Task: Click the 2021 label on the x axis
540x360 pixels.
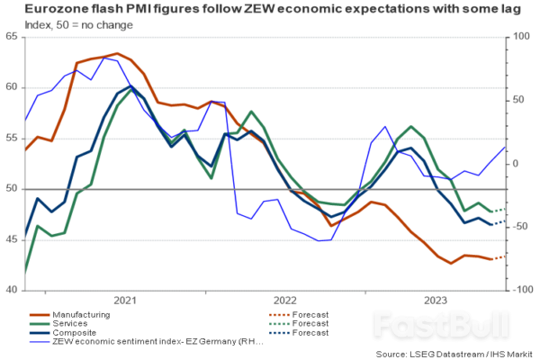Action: pos(125,299)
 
